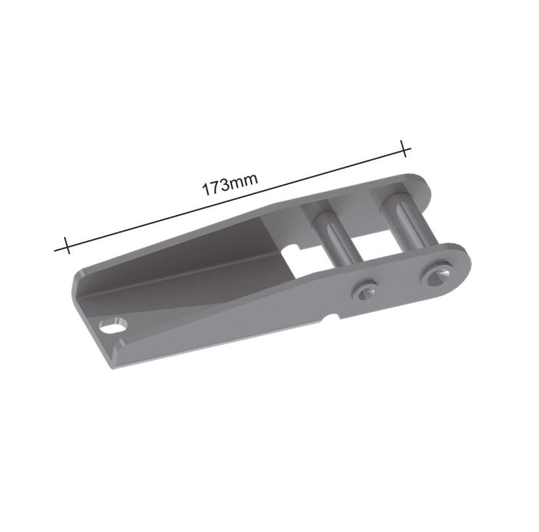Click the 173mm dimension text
(229, 184)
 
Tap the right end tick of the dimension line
(404, 149)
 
